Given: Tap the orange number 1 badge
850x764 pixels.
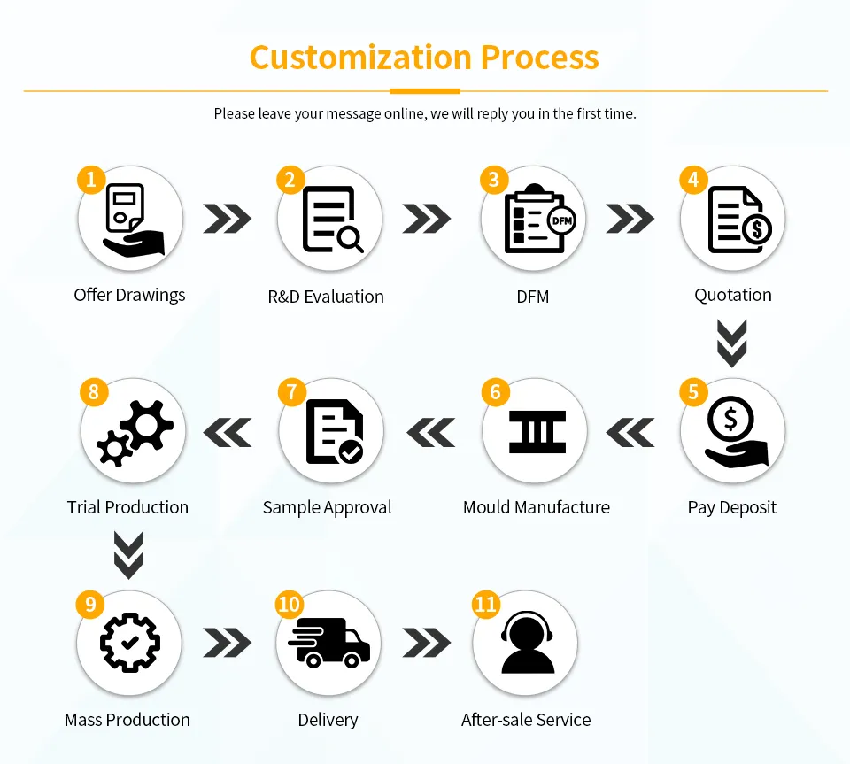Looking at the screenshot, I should coord(90,180).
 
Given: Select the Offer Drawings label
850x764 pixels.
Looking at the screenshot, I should coord(129,295).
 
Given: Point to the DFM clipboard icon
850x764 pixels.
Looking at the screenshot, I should coord(536,219).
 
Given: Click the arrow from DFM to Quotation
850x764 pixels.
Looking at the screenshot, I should coord(630,219).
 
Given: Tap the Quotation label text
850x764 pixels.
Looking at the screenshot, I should coord(732,295).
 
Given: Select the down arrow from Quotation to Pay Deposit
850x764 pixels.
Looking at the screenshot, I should coord(732,343).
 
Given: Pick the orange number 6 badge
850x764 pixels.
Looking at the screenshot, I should coord(495,391).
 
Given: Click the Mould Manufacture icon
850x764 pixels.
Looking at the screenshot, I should coord(537,431).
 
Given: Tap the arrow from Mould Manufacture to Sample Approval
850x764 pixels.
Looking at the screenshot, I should coord(430,432).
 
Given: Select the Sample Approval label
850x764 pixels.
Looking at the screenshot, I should coord(327,507).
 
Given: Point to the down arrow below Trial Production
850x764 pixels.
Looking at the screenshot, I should coord(129,555).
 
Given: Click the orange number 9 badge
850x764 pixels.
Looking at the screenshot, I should coord(90,605).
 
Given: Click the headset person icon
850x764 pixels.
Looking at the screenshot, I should coord(527,643).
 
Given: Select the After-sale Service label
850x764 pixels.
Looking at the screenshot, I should coord(526,720).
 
